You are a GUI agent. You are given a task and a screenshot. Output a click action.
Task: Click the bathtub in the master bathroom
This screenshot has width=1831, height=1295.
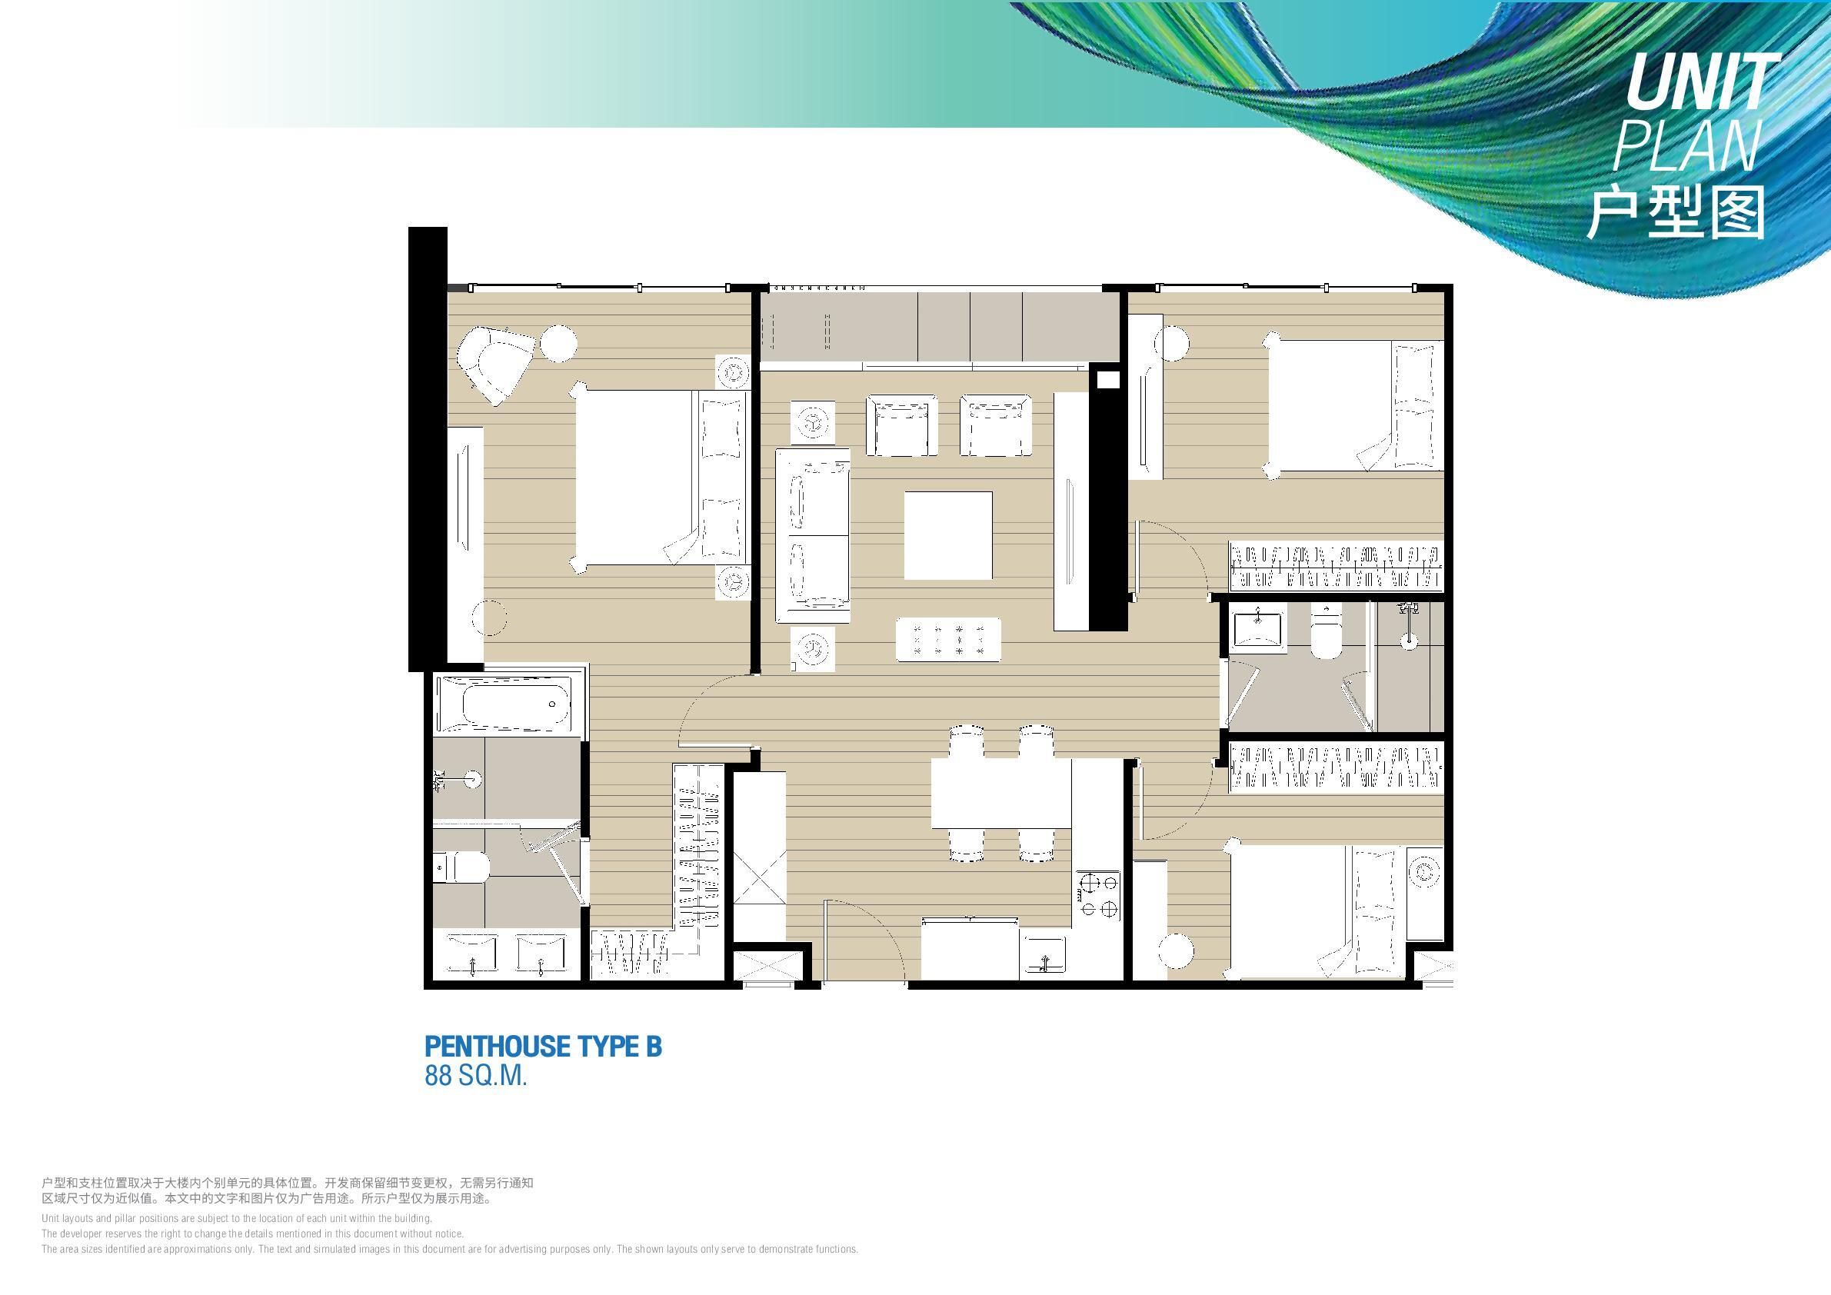pyautogui.click(x=502, y=704)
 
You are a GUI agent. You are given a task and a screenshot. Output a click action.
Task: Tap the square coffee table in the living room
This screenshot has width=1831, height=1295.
pyautogui.click(x=948, y=535)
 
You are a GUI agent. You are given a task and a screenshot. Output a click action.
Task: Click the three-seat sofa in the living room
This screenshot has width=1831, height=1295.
pyautogui.click(x=813, y=536)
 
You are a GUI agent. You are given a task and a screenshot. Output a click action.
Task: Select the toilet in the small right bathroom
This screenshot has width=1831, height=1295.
pyautogui.click(x=1326, y=633)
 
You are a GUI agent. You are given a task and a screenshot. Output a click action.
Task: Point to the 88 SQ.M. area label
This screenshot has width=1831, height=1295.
pyautogui.click(x=476, y=1077)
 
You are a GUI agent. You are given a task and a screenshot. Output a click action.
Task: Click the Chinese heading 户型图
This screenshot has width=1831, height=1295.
pyautogui.click(x=1675, y=214)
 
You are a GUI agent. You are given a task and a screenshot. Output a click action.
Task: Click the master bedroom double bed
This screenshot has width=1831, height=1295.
pyautogui.click(x=661, y=478)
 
